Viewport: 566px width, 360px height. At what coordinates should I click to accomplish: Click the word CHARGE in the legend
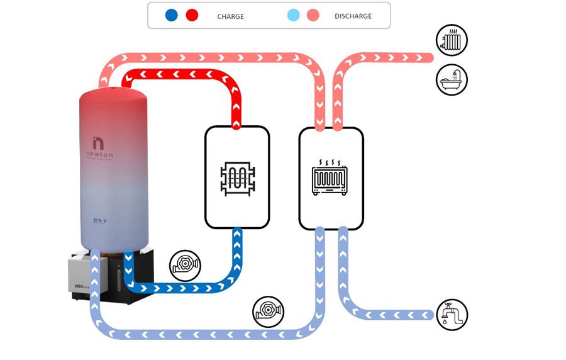coord(230,16)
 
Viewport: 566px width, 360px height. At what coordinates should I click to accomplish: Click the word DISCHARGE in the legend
coord(353,16)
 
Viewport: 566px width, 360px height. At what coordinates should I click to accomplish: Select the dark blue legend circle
coord(172,15)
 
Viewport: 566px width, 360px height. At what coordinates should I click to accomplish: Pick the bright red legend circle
coord(192,15)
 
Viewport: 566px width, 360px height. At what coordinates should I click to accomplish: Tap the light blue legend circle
coord(293,15)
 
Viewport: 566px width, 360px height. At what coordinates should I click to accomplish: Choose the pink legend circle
coord(313,15)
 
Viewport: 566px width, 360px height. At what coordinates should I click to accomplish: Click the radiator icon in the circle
coord(452,42)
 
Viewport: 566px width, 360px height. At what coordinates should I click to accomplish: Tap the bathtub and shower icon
coord(452,79)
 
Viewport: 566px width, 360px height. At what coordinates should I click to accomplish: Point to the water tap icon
coord(452,313)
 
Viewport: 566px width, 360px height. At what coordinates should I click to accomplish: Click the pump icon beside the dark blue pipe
coord(186,265)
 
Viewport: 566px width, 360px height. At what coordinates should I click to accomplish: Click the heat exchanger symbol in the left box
coord(237,177)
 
